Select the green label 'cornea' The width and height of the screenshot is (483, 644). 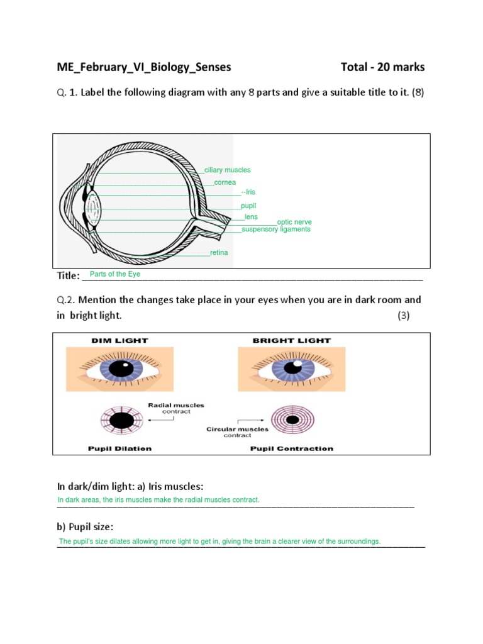(225, 182)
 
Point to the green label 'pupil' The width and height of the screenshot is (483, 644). (248, 206)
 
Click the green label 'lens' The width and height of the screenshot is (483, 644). (251, 217)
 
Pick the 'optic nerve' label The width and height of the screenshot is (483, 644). (294, 222)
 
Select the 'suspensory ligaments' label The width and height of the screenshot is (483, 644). (276, 230)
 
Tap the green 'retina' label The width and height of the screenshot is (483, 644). (219, 253)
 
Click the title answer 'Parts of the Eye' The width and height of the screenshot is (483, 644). (115, 274)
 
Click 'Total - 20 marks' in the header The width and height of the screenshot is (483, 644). (382, 67)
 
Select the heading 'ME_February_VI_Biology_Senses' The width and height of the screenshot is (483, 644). (144, 67)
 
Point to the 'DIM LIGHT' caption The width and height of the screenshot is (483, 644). (119, 340)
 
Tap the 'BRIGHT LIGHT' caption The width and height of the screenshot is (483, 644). (291, 340)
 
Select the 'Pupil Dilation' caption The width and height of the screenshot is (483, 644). (119, 448)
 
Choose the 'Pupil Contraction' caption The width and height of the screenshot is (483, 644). (292, 448)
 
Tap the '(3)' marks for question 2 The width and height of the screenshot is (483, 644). (403, 316)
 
